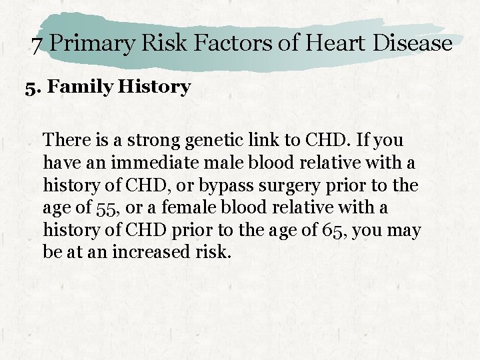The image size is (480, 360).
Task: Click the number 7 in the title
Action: pyautogui.click(x=38, y=45)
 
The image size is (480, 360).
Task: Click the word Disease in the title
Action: pyautogui.click(x=413, y=44)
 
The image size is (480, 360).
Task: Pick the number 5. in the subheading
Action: pyautogui.click(x=33, y=87)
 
